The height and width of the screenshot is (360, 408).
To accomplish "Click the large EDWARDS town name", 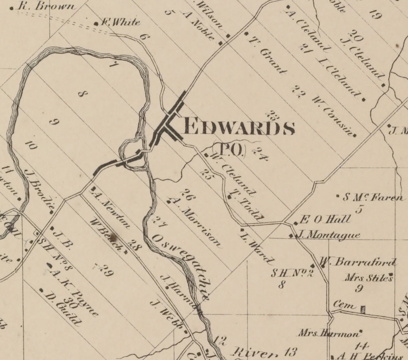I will [x=239, y=127].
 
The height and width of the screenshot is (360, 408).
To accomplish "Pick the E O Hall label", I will [x=325, y=220].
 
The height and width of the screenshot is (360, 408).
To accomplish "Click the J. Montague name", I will [x=328, y=235].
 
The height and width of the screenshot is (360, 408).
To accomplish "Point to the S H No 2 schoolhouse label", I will [x=292, y=273].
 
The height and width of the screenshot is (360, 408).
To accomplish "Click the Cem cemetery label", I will [x=344, y=306].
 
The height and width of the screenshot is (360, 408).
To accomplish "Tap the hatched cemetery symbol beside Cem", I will [x=363, y=309].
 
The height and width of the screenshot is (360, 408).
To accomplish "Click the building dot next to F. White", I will [x=96, y=24].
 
